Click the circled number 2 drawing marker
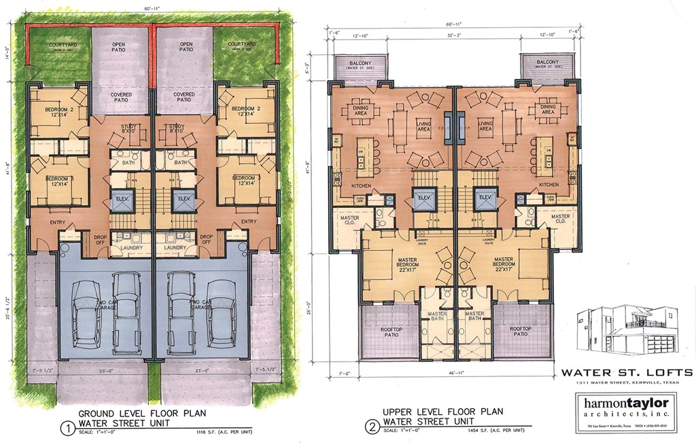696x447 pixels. coord(371,428)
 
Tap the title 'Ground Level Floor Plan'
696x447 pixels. coord(142,413)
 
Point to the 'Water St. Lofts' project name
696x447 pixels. coord(627,372)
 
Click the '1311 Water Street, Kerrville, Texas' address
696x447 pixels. coord(627,383)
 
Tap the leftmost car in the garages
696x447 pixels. coord(86,313)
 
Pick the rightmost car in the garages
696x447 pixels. coord(222,313)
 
